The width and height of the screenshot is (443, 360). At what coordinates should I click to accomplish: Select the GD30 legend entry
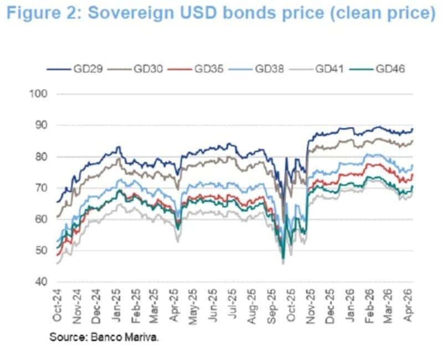pos(146,69)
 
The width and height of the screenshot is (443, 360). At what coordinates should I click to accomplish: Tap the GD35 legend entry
pos(207,69)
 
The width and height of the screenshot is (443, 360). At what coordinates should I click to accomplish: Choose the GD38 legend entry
pos(268,69)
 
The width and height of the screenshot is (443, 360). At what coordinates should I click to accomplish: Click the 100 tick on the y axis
pos(39,94)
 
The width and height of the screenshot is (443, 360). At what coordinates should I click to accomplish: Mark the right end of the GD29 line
pos(413,129)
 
